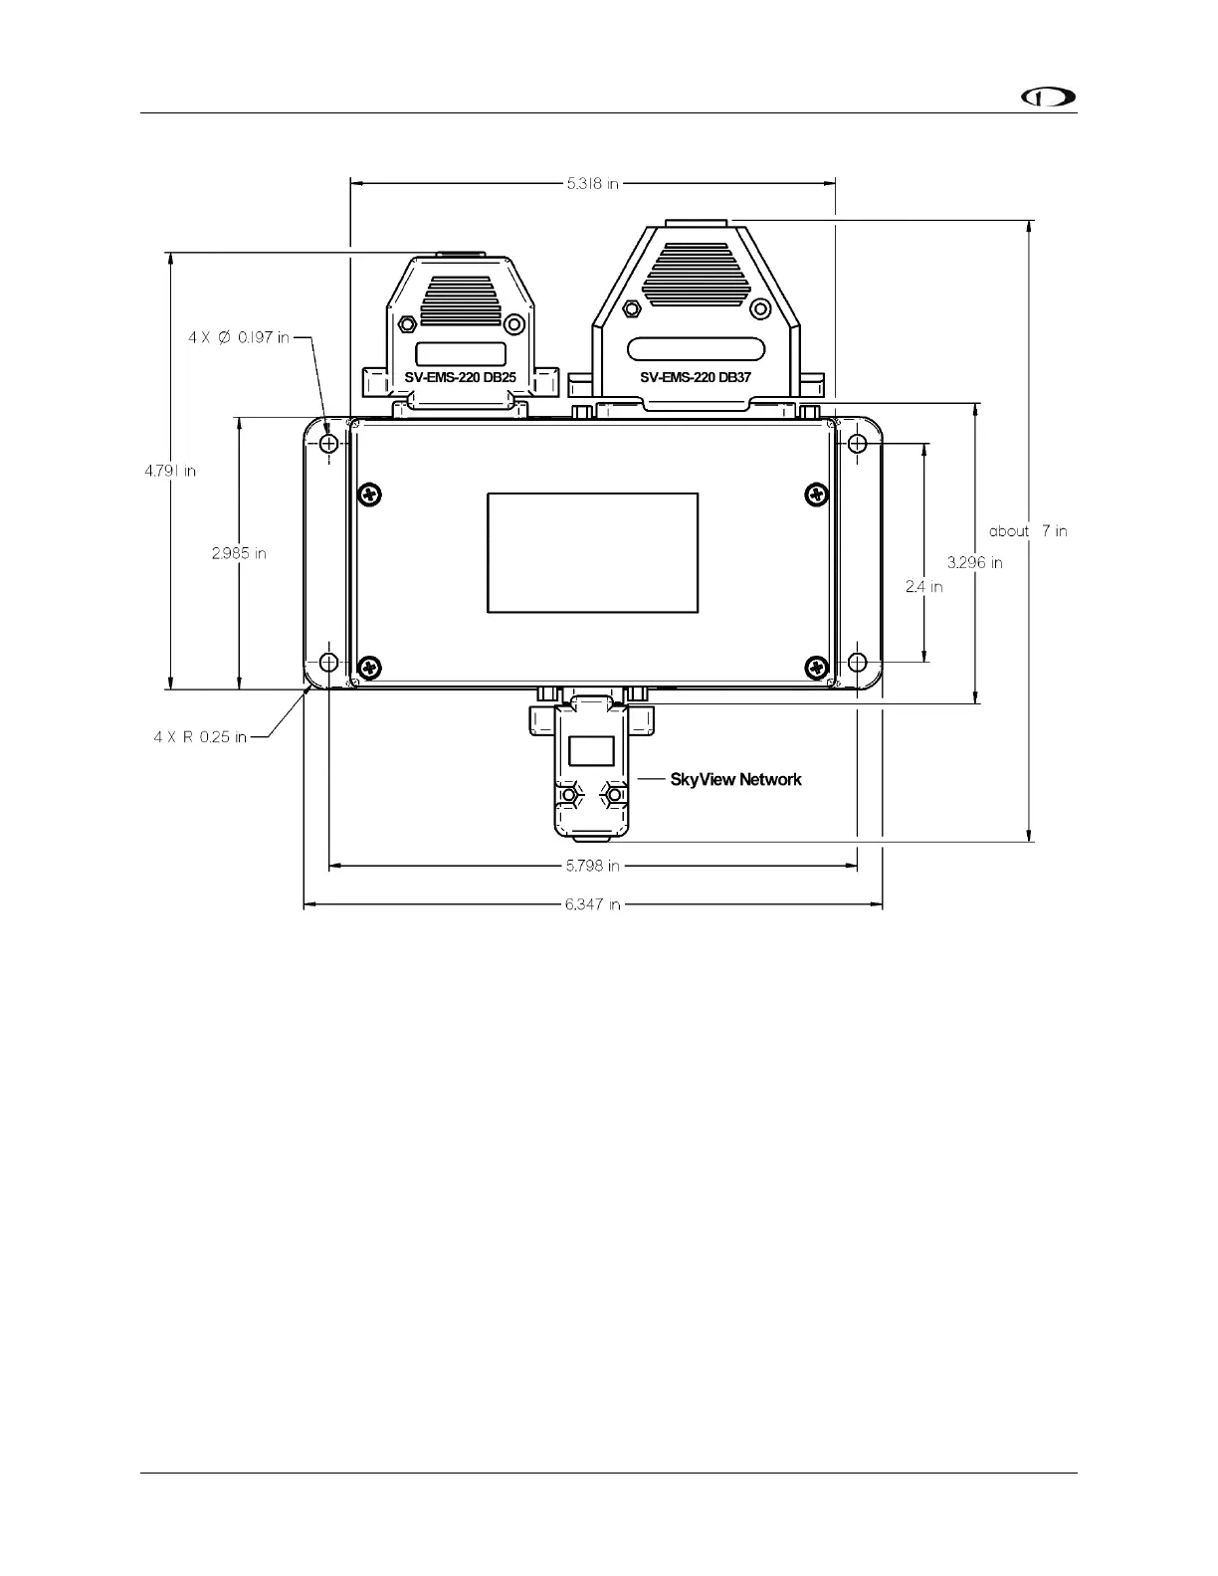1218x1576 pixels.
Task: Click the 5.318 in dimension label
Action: click(593, 183)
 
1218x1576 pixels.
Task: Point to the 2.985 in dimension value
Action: click(239, 553)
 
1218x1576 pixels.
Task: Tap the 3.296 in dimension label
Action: click(974, 562)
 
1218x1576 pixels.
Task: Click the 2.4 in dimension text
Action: click(924, 587)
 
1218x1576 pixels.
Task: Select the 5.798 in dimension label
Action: click(593, 866)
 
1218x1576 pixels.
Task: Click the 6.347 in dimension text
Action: click(593, 904)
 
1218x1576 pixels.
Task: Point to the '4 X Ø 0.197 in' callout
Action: click(239, 337)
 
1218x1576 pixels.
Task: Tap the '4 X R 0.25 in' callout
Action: click(200, 737)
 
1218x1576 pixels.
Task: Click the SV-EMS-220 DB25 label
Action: click(460, 378)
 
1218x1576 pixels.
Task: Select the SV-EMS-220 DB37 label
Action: click(696, 378)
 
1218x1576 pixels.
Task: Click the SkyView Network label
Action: click(735, 780)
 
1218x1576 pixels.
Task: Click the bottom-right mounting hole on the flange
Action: click(857, 662)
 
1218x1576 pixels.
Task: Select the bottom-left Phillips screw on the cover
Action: click(369, 667)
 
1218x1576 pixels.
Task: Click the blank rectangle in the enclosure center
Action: click(592, 552)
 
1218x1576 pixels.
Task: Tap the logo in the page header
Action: click(1050, 97)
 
